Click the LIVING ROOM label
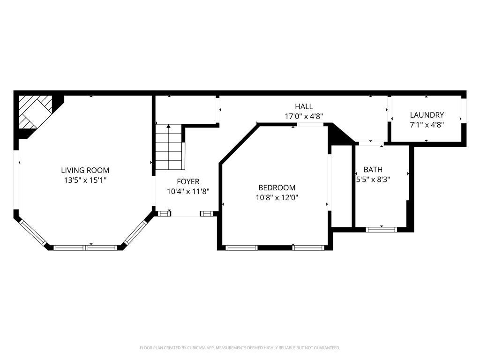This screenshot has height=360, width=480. coord(85,170)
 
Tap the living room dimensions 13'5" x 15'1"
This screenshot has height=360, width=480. coord(85,180)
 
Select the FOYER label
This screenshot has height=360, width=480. coord(188,181)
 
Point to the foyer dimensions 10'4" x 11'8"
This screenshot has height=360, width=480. coord(188,191)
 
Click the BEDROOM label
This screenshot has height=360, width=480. coord(277,187)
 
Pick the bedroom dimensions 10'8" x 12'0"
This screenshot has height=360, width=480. coord(277,197)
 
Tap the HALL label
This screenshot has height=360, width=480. coord(304,106)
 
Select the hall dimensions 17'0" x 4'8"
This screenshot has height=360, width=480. coord(304,116)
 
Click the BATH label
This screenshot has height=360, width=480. coord(373,169)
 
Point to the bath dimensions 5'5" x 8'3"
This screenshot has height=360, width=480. coord(373,179)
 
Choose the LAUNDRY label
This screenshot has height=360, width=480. coord(427,115)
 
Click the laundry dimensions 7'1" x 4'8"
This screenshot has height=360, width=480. coord(427,125)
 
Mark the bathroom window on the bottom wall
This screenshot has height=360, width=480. coord(382,230)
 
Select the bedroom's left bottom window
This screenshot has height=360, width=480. coord(241,248)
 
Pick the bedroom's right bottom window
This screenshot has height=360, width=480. coord(308,248)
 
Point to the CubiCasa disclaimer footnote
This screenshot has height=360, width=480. coord(240,348)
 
